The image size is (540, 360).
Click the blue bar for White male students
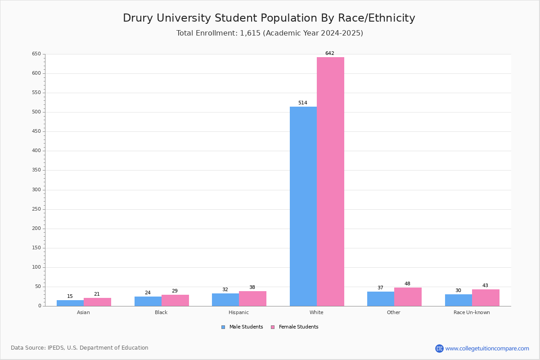pyautogui.click(x=303, y=207)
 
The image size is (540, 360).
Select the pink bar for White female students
pyautogui.click(x=330, y=181)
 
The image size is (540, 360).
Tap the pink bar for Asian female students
pyautogui.click(x=97, y=302)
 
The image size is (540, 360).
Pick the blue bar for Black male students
pyautogui.click(x=148, y=301)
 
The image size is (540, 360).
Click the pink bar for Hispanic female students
pyautogui.click(x=252, y=299)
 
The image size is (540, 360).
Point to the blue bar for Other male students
pyautogui.click(x=381, y=299)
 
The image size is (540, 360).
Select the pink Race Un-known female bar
pyautogui.click(x=486, y=298)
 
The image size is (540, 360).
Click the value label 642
pyautogui.click(x=330, y=53)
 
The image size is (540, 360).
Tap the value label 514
pyautogui.click(x=303, y=103)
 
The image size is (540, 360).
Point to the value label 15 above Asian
pyautogui.click(x=70, y=296)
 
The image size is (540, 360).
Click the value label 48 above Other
pyautogui.click(x=407, y=283)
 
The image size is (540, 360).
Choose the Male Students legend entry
pyautogui.click(x=242, y=327)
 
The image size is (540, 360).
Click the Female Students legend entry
pyautogui.click(x=295, y=327)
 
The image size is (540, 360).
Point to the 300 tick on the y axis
pyautogui.click(x=36, y=190)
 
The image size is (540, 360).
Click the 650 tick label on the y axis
pyautogui.click(x=36, y=54)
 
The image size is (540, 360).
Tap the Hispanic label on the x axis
pyautogui.click(x=238, y=312)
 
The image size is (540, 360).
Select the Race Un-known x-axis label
pyautogui.click(x=472, y=312)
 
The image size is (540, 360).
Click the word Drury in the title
pyautogui.click(x=138, y=18)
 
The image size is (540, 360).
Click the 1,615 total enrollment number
pyautogui.click(x=250, y=33)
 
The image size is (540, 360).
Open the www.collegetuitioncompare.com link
pyautogui.click(x=487, y=348)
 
